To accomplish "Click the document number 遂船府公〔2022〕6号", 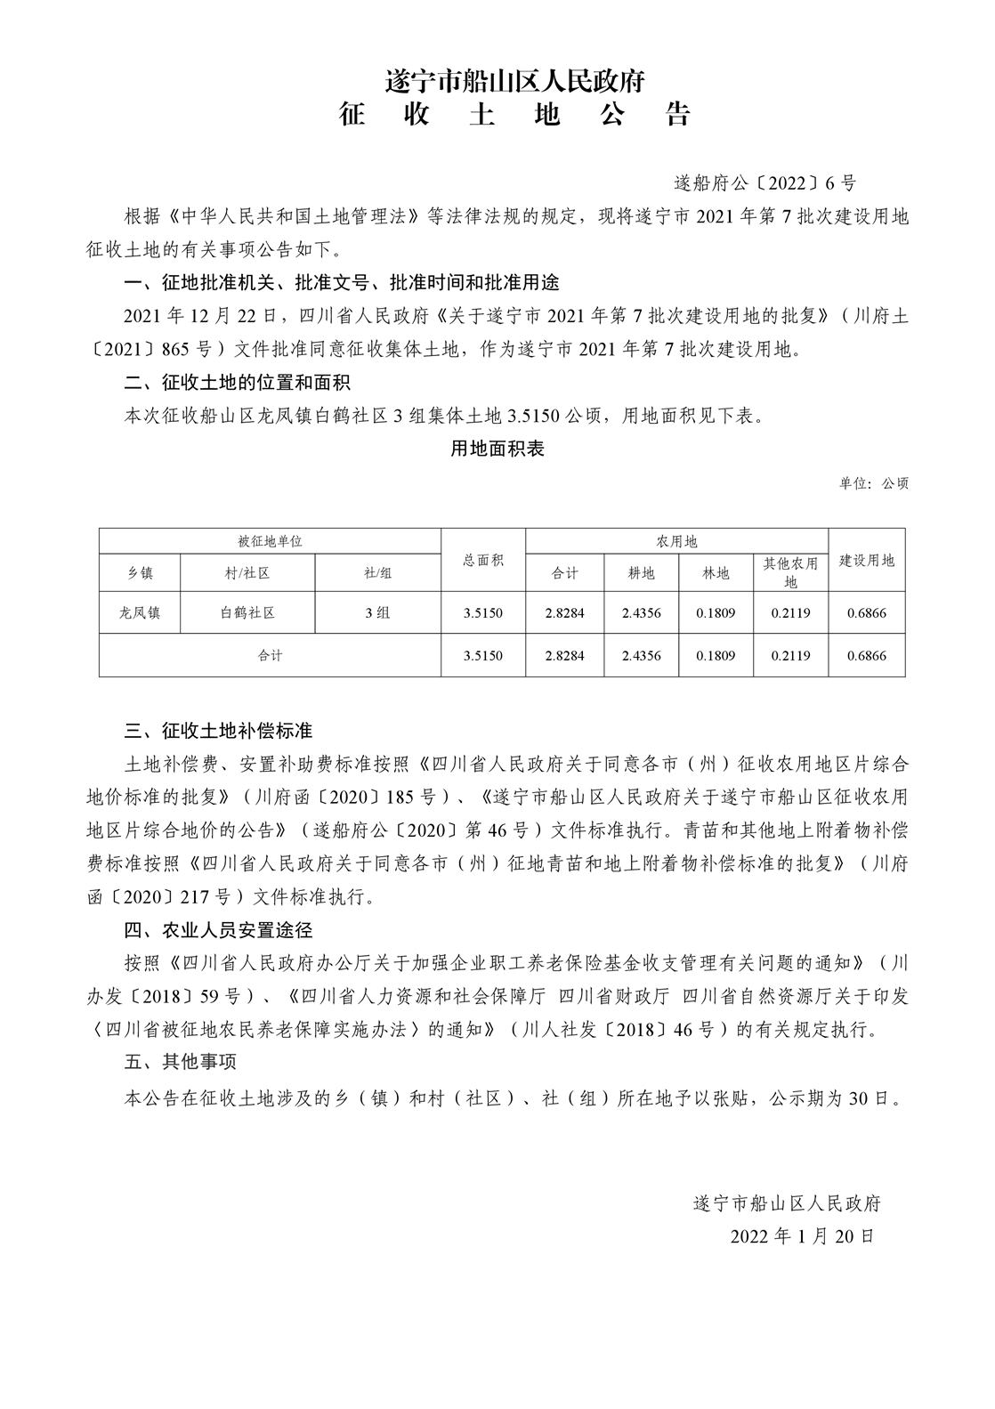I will point(764,183).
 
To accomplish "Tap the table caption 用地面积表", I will point(497,449).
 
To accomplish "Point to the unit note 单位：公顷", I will point(873,484).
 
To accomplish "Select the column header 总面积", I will point(483,560).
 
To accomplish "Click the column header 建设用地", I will point(867,560).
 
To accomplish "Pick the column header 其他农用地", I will point(790,572).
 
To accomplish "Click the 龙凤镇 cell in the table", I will point(140,612).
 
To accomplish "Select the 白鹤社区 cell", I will point(247,612).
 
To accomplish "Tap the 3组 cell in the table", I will point(377,612).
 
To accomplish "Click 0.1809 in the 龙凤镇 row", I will point(716,612).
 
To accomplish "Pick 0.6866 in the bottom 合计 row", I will point(867,655).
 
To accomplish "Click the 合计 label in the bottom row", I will point(270,655).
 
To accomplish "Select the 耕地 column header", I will point(641,573).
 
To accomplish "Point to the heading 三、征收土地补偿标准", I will point(219,731).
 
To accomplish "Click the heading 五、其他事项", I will point(181,1062).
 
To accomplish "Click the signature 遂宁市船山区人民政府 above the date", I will point(787,1203).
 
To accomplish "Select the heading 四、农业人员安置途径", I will point(219,930).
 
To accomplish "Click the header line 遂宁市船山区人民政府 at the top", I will point(514,82).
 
